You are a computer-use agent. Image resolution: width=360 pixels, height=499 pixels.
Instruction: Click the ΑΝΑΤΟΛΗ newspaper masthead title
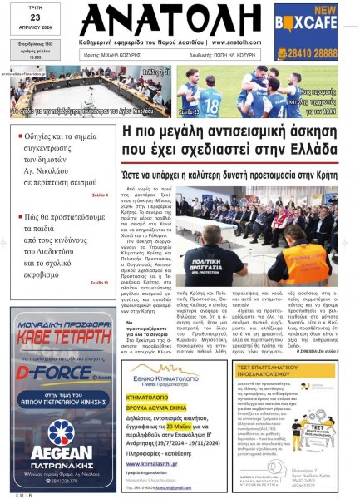coord(179,27)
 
